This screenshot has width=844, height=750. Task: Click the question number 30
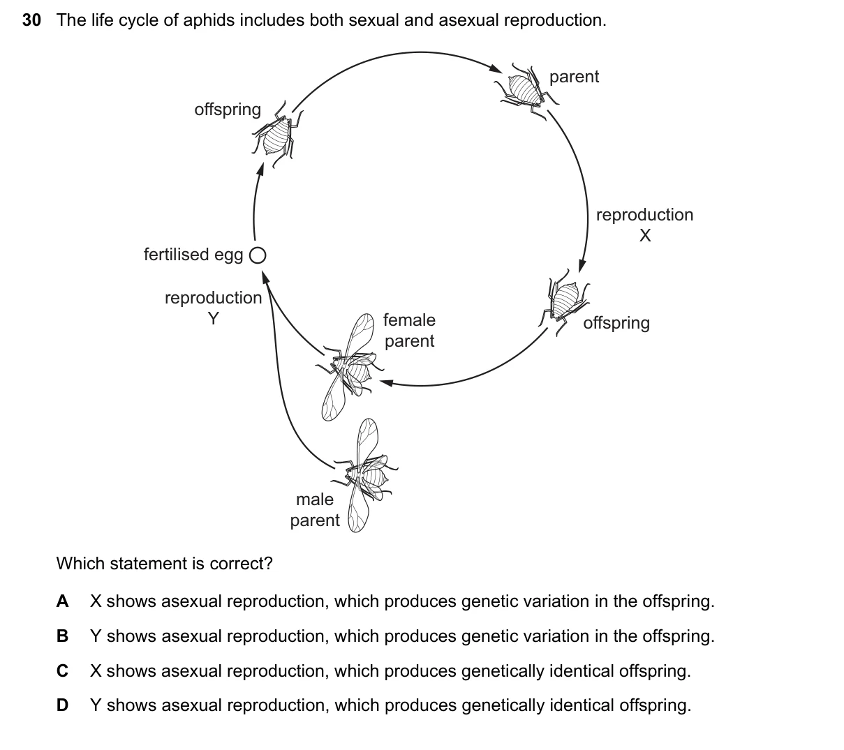(31, 20)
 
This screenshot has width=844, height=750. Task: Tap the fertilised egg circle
(258, 255)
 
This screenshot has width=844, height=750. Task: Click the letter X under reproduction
(645, 236)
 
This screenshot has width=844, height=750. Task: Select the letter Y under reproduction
(214, 319)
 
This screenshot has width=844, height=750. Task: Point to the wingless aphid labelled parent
(526, 91)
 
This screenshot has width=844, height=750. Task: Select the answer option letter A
(63, 601)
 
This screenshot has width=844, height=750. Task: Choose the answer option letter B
(63, 636)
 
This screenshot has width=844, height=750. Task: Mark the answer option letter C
(63, 671)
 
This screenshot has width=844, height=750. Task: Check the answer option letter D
(63, 705)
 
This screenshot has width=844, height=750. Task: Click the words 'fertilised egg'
(193, 255)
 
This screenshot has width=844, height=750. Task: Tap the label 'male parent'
(315, 510)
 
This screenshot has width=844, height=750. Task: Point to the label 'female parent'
(410, 331)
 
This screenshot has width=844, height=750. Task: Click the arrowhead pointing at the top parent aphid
(496, 68)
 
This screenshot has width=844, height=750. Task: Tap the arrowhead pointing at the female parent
(386, 382)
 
